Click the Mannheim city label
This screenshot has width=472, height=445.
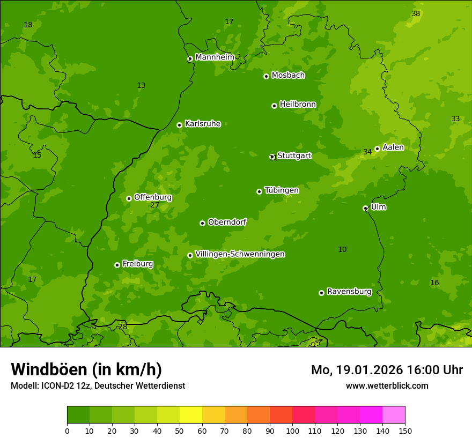coord(215,57)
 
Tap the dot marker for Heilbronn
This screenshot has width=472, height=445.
coord(274,106)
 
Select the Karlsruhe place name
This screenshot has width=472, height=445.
coord(202,124)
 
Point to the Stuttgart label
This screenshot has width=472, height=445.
coord(294,156)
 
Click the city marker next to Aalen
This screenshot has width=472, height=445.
coord(377,149)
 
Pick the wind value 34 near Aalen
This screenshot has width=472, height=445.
coord(367,152)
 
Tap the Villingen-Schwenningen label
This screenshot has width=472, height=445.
coord(240,254)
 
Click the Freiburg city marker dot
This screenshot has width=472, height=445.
coord(117,265)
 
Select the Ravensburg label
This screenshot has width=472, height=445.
coord(349,292)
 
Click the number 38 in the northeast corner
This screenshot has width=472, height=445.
coord(416,14)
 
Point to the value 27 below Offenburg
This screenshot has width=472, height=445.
coord(154,205)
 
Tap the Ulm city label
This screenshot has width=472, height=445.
coord(378,207)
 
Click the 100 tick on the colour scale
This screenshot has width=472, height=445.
coord(292,431)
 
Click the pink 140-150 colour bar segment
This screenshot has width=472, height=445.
coord(394,415)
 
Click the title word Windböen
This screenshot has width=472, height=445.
coord(49,369)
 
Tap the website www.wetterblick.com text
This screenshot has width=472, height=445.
coord(387,385)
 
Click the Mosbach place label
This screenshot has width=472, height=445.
coord(288,76)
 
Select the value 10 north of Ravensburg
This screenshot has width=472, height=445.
coord(342,250)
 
